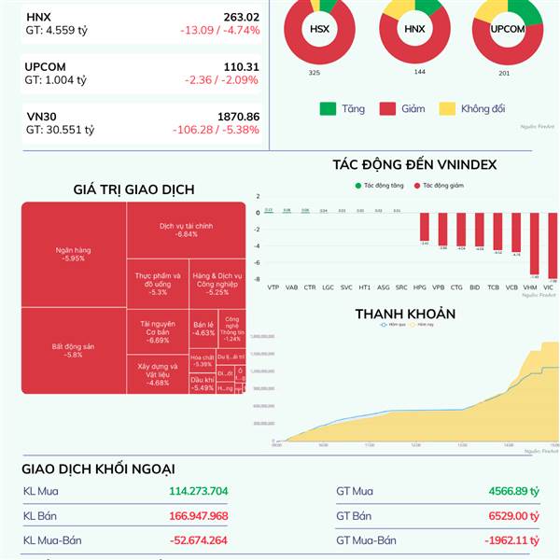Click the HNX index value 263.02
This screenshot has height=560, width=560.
coord(242,17)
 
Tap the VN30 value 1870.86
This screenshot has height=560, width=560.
coord(238,117)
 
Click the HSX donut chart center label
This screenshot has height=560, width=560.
coord(319,29)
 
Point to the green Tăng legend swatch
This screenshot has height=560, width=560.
coord(328,109)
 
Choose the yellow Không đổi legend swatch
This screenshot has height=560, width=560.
coord(446,109)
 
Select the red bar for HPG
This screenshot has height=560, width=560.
coord(424,229)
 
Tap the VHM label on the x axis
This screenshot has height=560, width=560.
coord(531,287)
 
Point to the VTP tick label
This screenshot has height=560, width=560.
coord(273,287)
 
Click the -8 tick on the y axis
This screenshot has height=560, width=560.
coord(258,279)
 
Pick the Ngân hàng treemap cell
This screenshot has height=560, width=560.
coord(73,254)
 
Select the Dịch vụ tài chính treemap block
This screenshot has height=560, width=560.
coord(186,230)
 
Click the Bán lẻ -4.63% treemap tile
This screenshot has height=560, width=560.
coord(203,328)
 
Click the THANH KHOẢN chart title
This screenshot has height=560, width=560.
coord(405,314)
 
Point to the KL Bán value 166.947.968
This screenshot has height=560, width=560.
coord(199,515)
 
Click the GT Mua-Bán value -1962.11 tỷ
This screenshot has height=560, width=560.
coord(511,540)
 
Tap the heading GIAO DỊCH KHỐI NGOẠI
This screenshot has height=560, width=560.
coord(98,469)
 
